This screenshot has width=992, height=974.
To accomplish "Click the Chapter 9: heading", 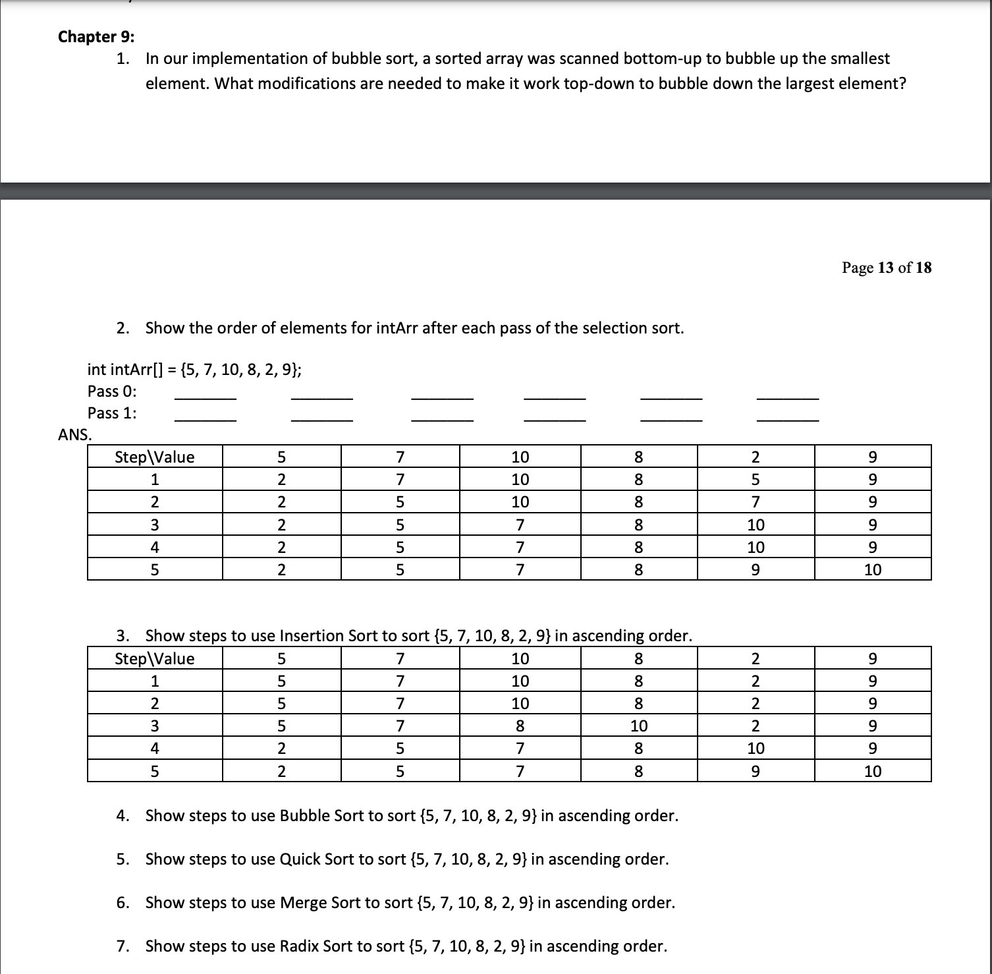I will [96, 36].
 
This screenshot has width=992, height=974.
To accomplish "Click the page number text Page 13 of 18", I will [886, 267].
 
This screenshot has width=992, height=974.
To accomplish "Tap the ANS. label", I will [75, 434].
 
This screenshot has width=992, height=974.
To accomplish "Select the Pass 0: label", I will [112, 391].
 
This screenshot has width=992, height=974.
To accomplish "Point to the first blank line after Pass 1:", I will [205, 415].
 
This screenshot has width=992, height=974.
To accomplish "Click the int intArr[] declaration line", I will [194, 369].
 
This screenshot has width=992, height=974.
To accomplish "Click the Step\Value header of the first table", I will [155, 457].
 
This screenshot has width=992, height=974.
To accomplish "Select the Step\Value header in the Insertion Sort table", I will [155, 658].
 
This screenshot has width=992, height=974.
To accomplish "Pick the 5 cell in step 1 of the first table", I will [756, 479].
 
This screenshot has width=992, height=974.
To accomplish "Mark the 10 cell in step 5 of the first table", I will [872, 569].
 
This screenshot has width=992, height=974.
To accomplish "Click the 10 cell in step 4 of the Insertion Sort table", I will [756, 748].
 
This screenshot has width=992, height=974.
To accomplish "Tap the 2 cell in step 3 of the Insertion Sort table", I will [756, 726].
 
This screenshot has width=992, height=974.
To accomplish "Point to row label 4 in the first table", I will [155, 547].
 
